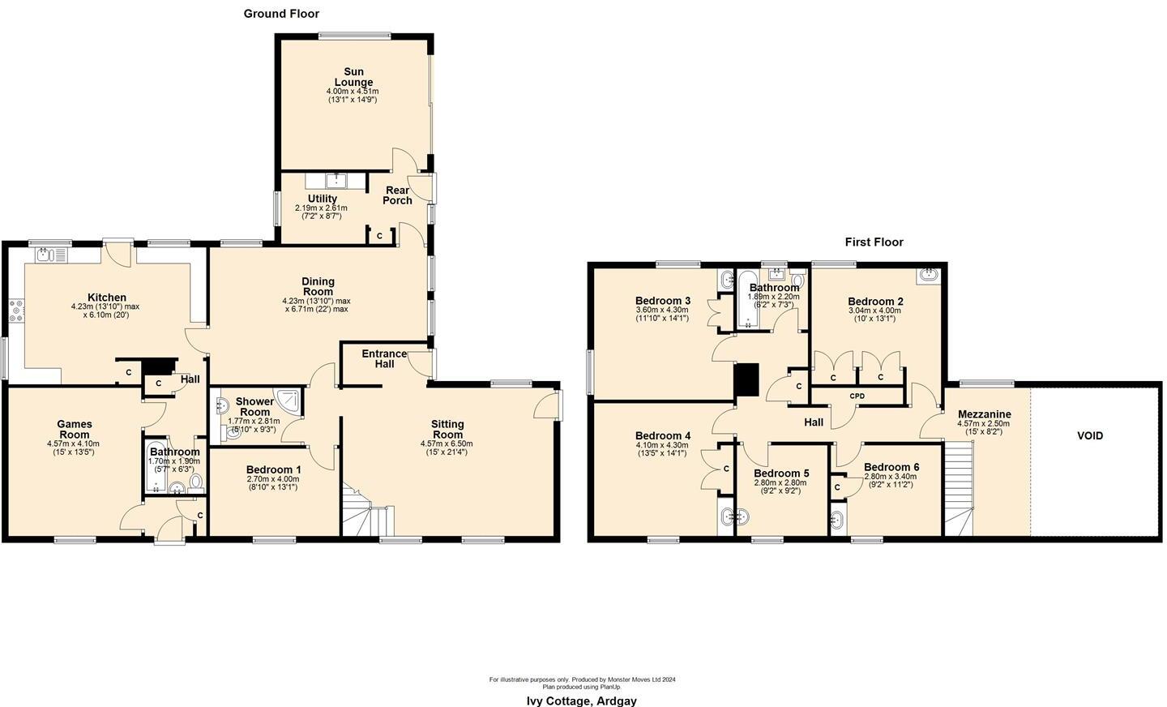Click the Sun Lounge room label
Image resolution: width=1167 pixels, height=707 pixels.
(353, 77)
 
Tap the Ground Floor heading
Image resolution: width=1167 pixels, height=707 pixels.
(281, 14)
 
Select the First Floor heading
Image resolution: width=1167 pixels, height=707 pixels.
(874, 242)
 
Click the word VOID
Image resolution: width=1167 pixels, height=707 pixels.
(1089, 435)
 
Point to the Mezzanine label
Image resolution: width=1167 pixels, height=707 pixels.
(984, 413)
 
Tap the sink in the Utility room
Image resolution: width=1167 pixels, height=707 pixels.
(336, 180)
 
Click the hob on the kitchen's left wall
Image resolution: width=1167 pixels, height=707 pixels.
(16, 309)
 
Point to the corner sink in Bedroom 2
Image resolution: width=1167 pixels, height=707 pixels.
(929, 276)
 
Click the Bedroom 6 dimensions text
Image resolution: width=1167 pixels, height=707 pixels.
(890, 482)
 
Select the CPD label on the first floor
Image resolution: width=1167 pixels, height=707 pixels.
(857, 396)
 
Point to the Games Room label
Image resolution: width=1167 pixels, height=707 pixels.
(74, 429)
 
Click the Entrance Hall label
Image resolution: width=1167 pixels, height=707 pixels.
(384, 359)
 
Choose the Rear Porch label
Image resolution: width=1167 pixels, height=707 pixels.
(397, 195)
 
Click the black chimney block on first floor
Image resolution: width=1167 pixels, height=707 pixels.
(746, 380)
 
